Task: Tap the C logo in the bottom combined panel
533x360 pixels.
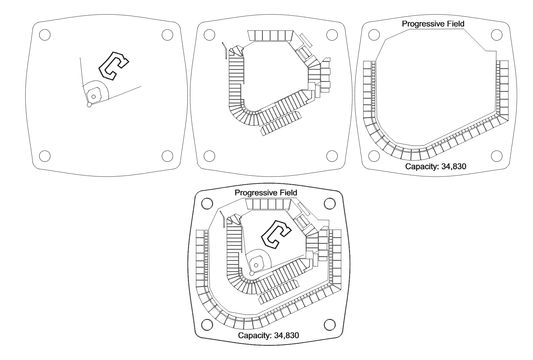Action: (272, 236)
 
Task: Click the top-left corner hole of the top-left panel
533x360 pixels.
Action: (44, 33)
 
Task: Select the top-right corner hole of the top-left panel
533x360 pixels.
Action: (166, 33)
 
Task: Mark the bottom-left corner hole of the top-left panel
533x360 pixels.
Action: (44, 156)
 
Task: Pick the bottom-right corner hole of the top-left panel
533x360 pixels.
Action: (166, 156)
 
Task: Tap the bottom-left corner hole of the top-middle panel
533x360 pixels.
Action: (209, 156)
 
